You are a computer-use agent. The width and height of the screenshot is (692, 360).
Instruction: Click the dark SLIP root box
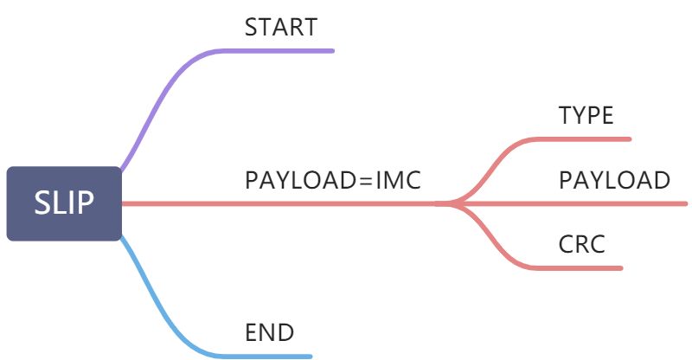coord(64,203)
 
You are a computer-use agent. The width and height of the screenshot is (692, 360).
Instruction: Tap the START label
coord(281,27)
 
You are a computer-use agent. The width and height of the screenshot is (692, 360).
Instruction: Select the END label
coord(269,332)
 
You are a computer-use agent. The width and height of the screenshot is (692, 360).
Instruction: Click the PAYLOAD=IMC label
coord(333,180)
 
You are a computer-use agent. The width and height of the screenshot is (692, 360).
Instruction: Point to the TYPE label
coord(586,115)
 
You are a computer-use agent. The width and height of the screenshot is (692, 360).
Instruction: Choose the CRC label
coord(581,244)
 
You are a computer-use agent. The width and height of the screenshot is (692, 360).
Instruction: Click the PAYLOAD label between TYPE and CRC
coord(614,180)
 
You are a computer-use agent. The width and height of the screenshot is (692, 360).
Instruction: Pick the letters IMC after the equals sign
coord(398,180)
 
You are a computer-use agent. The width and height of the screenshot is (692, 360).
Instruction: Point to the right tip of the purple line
coord(333,51)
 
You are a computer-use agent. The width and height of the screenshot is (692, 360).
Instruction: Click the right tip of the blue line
coord(311,357)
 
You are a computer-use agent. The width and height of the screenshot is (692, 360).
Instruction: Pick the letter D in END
coord(286,332)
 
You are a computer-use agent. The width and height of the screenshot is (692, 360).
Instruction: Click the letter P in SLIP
coord(85,202)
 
